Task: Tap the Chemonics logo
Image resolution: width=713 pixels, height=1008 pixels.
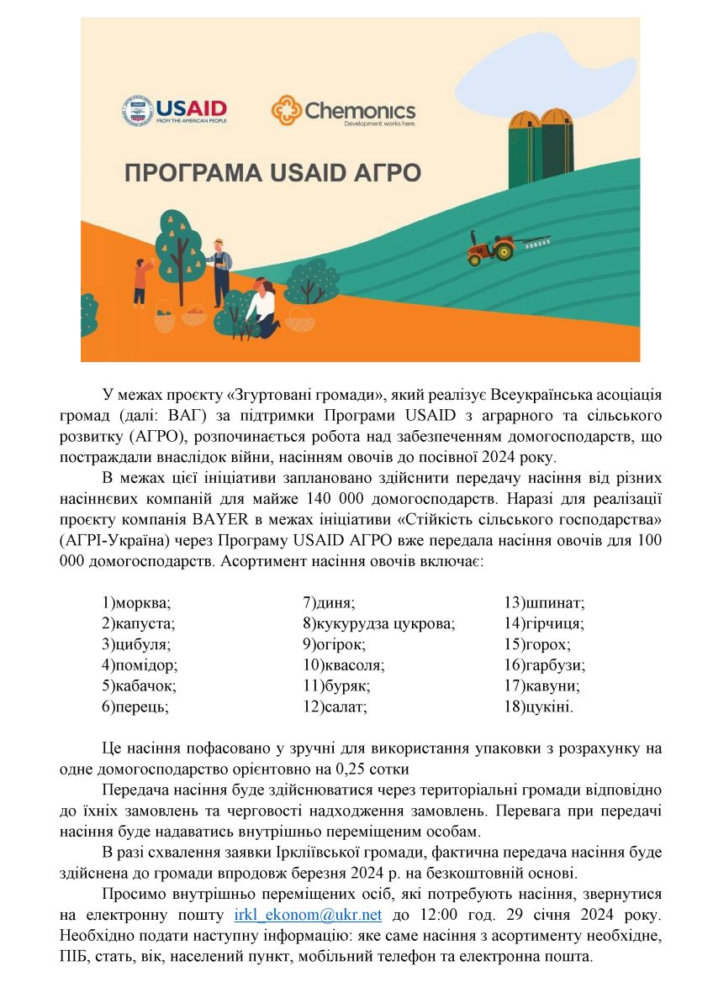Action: (x=343, y=111)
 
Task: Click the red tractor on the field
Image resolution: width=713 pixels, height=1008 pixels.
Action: (x=491, y=248)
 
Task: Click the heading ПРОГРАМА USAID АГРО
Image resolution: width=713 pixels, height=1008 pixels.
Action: (x=272, y=174)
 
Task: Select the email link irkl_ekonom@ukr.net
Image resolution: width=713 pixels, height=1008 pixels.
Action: (x=308, y=915)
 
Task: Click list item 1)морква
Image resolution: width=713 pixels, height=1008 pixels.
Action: (x=136, y=602)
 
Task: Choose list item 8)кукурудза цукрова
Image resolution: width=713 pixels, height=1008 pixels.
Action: (x=378, y=623)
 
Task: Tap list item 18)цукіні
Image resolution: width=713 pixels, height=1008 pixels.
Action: (x=539, y=707)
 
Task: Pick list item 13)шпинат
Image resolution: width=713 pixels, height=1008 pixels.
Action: (x=544, y=602)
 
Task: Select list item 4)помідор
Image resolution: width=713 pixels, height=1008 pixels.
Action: (x=140, y=665)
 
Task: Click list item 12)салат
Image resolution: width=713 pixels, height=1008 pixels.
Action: (x=335, y=707)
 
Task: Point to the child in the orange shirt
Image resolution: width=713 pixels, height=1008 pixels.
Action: (x=140, y=281)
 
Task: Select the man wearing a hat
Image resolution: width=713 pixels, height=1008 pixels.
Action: (x=220, y=270)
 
